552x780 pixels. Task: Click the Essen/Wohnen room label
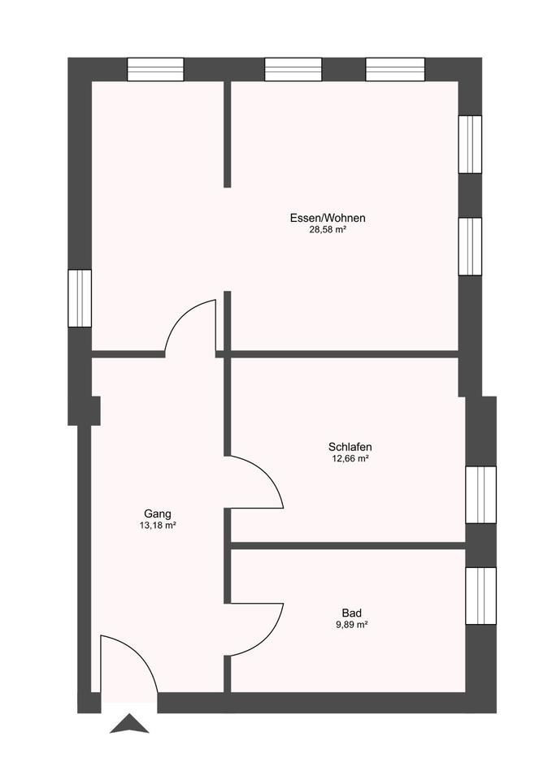coord(327,218)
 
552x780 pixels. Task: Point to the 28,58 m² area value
coord(327,230)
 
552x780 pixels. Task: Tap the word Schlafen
coord(350,447)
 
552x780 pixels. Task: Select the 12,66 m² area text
coord(350,459)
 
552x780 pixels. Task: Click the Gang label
coord(158,513)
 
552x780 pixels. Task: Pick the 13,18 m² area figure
coord(158,526)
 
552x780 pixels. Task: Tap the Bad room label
coord(351,613)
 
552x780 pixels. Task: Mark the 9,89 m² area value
coord(351,625)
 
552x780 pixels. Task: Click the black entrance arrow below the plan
coord(129,723)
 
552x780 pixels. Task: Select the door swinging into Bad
coord(256,630)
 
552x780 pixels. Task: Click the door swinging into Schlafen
coord(256,483)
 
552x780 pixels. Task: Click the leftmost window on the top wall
coord(155,69)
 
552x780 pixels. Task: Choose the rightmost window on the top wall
coord(395,69)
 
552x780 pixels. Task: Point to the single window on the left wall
coord(80,297)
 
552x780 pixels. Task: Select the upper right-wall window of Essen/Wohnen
coord(470,144)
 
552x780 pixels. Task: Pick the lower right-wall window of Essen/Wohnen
coord(470,246)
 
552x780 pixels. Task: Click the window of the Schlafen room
coord(480,495)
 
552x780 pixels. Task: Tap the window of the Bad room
coord(480,596)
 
